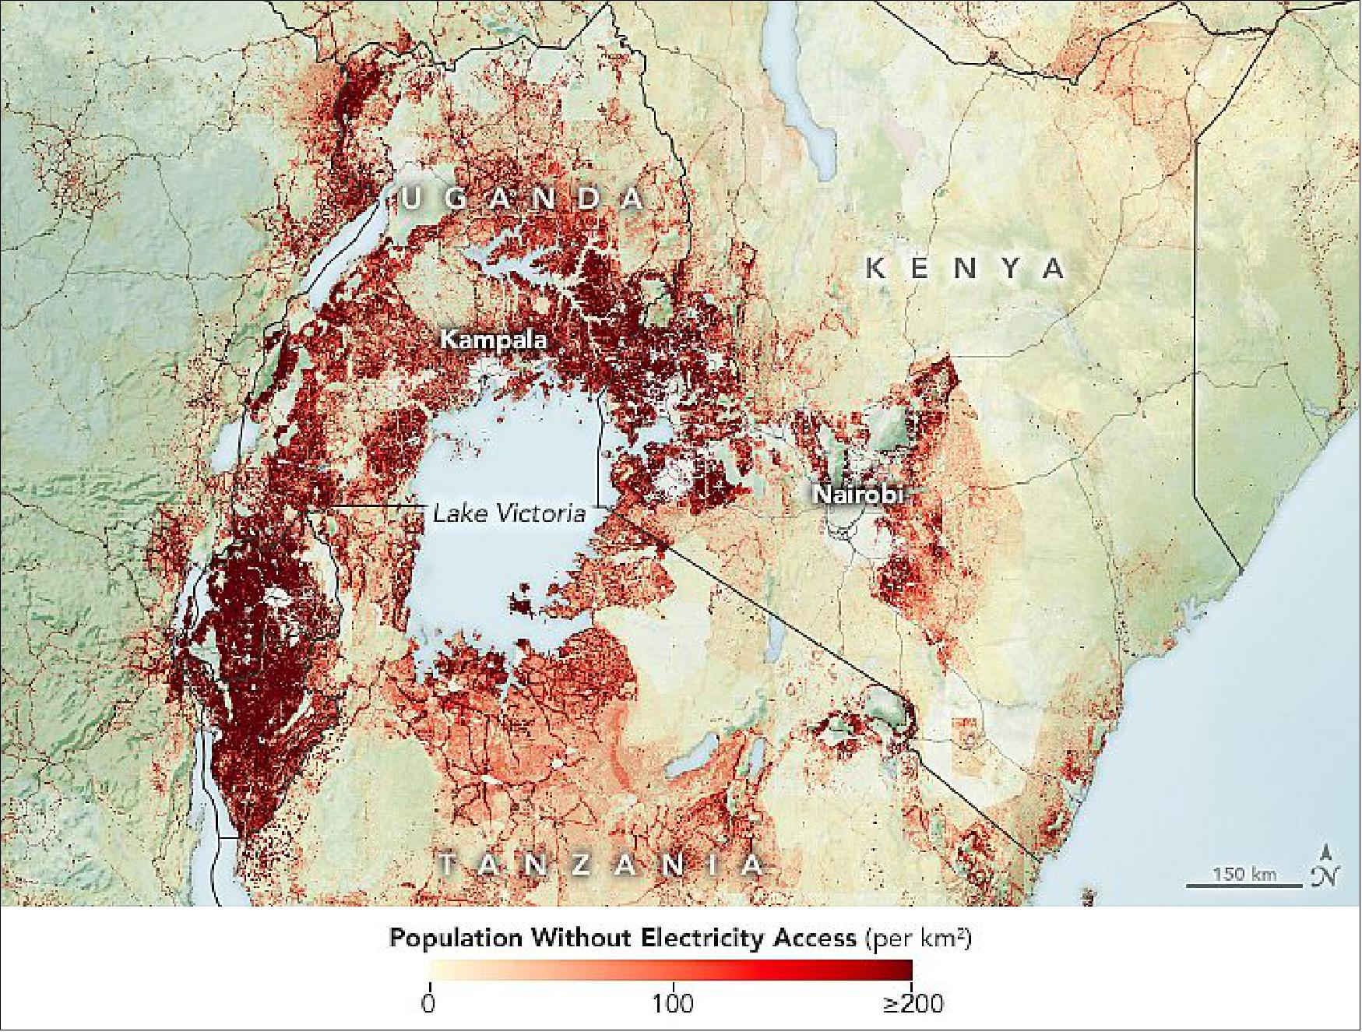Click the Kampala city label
coord(493,340)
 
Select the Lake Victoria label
coord(509,513)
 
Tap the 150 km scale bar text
coord(1244,874)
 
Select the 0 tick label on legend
coord(428,1002)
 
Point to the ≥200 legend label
coord(913,1002)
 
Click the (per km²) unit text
coord(919,939)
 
